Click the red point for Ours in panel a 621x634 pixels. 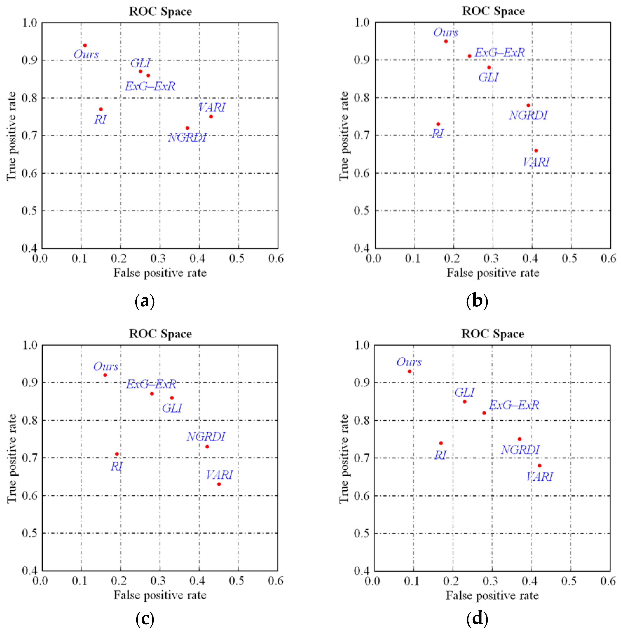[x=85, y=45]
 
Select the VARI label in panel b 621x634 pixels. [x=536, y=162]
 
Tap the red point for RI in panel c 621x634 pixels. [x=117, y=454]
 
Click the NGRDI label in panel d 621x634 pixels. [x=520, y=450]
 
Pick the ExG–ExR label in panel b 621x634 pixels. [x=499, y=52]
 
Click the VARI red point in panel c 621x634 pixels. [x=219, y=484]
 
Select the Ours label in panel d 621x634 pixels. [x=409, y=362]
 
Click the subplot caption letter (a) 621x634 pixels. [x=144, y=301]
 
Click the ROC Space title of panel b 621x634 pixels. [x=493, y=11]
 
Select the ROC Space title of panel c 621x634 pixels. [x=160, y=334]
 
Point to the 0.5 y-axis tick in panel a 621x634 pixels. [x=29, y=211]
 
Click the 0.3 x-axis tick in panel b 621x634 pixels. [x=491, y=259]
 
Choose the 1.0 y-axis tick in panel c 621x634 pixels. [x=30, y=345]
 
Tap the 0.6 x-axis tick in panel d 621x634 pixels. [x=608, y=581]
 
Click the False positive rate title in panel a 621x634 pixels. [x=160, y=273]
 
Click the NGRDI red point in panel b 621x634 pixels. [x=528, y=105]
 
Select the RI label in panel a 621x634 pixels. [x=100, y=120]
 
